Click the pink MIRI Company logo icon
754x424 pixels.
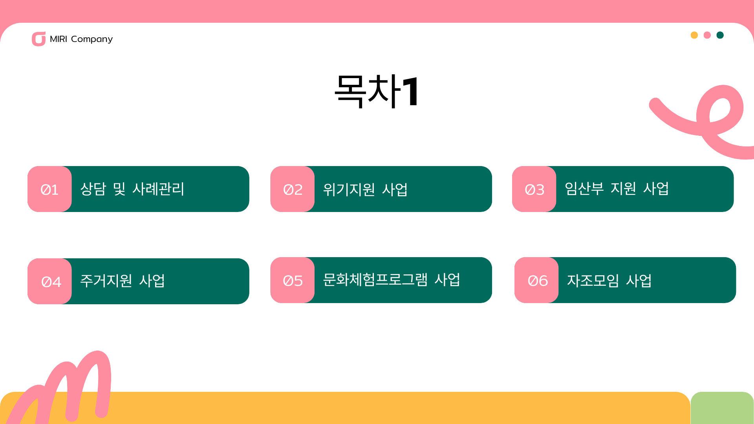point(38,39)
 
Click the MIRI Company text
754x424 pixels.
point(81,39)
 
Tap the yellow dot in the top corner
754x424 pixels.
point(694,35)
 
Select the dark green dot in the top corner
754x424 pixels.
point(720,35)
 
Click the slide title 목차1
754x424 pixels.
point(377,91)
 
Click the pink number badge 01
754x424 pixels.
point(49,189)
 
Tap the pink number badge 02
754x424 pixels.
point(293,189)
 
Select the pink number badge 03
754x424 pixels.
point(534,189)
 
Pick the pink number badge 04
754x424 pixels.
point(49,281)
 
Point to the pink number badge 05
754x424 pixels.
point(293,280)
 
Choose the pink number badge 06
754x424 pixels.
point(536,280)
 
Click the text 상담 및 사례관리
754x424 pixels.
point(132,189)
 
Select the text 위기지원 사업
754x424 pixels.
point(365,189)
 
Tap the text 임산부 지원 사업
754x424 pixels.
point(617,188)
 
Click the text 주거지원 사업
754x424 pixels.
point(123,281)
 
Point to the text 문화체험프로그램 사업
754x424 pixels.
point(392,280)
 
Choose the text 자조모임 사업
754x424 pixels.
point(609,280)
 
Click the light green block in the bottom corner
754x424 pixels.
point(722,408)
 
